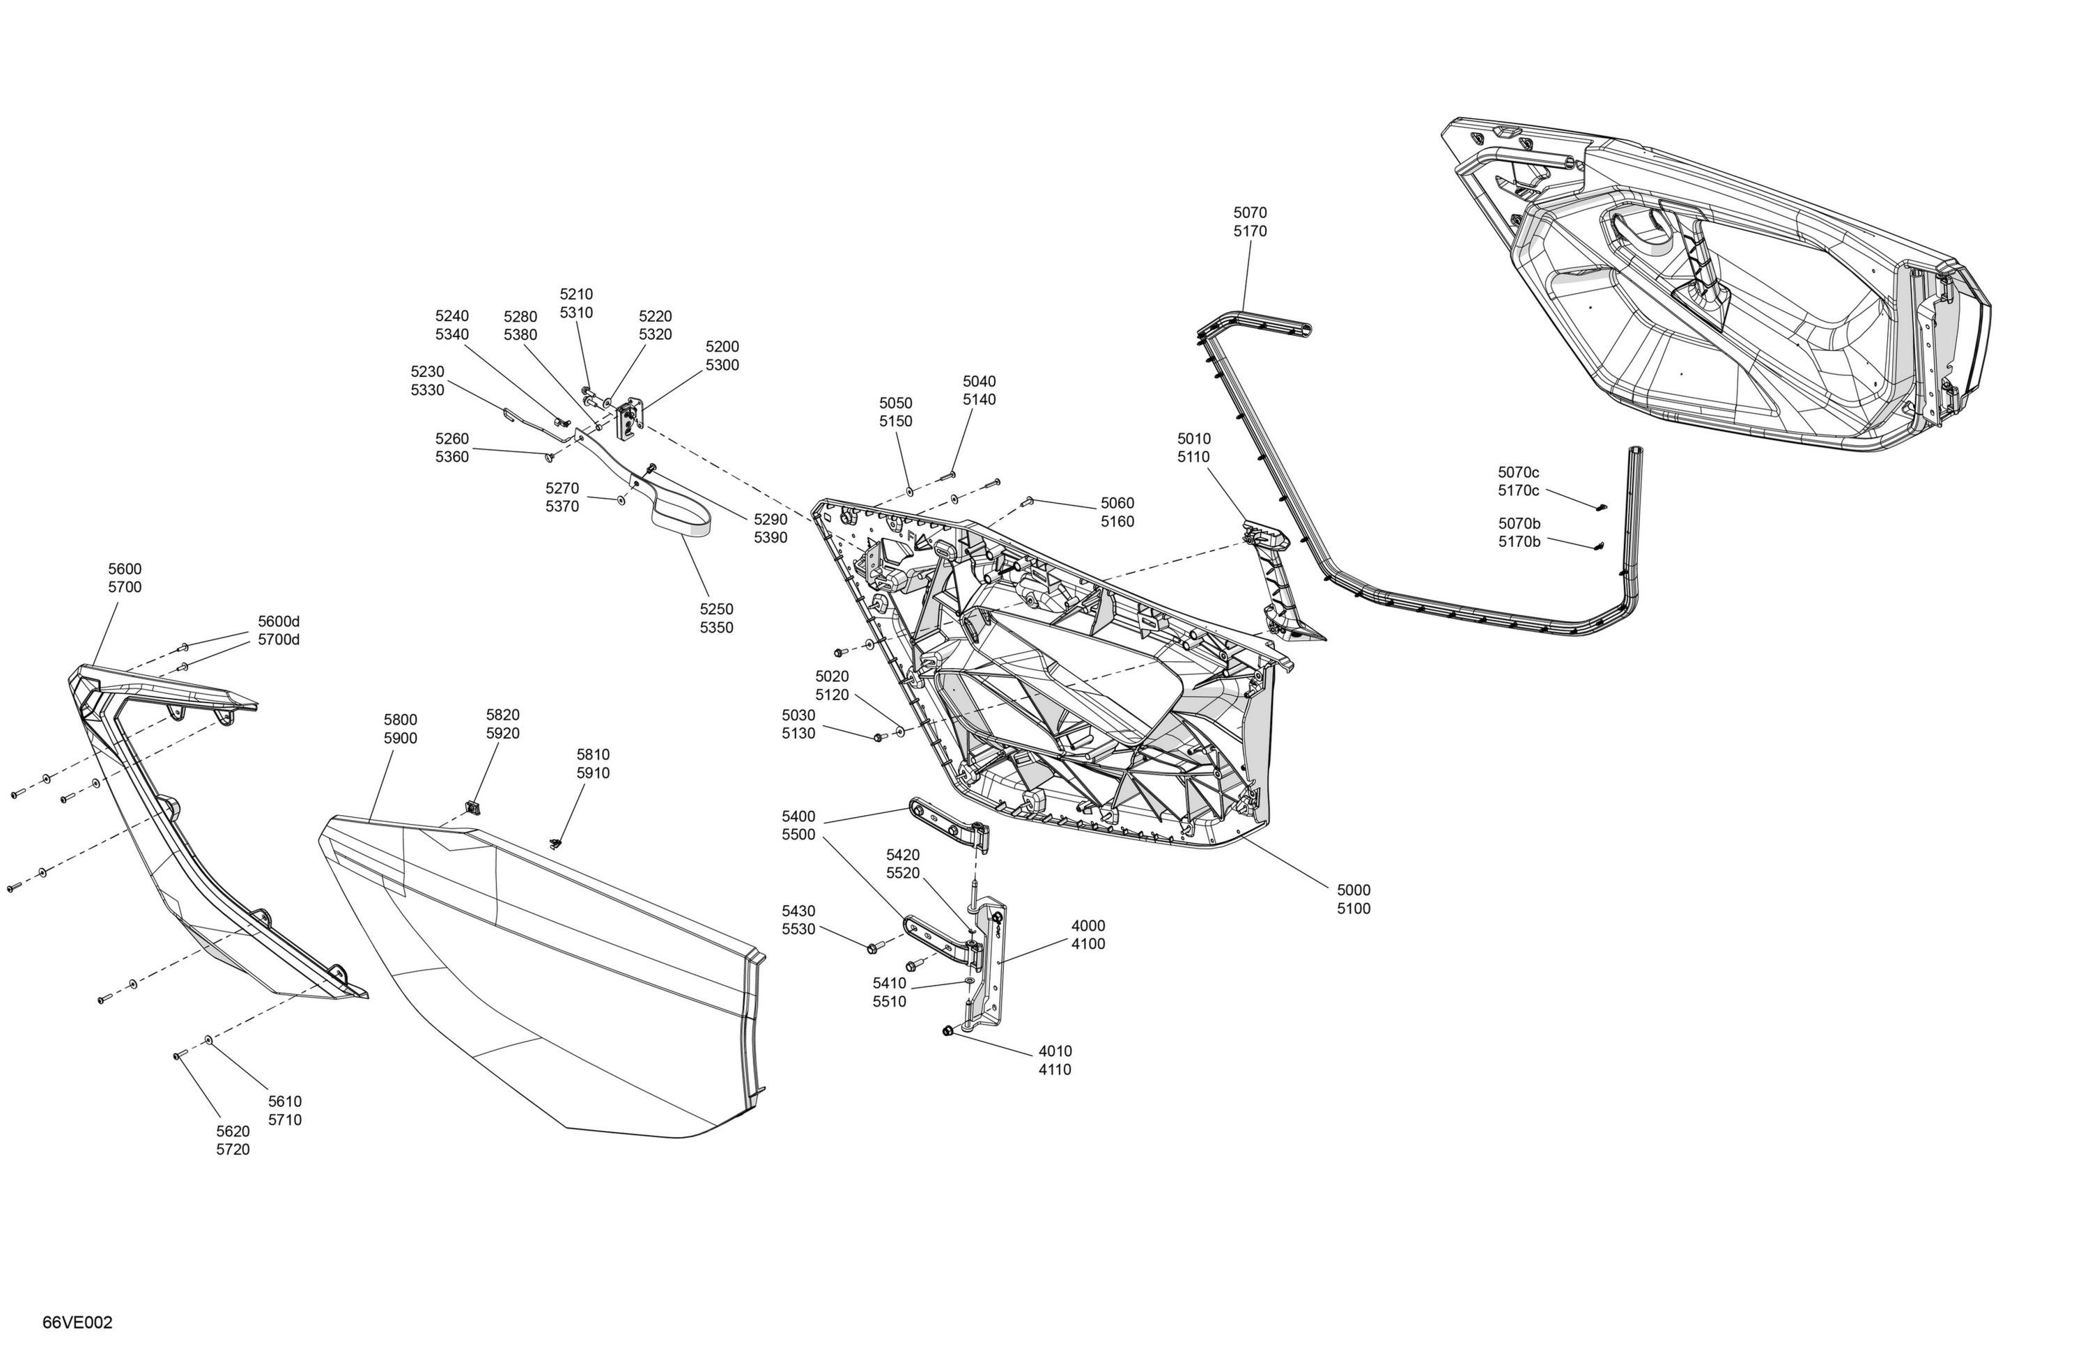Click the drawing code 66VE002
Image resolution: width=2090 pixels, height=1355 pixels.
[77, 1322]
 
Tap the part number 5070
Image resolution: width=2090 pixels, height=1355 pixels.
[1250, 212]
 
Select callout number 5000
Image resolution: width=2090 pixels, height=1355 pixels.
[1353, 890]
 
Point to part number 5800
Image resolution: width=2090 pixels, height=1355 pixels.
[400, 720]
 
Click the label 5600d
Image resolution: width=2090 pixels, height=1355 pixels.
[279, 621]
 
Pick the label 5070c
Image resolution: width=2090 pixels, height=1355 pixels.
[1518, 472]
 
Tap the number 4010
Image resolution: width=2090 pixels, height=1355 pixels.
[1055, 1051]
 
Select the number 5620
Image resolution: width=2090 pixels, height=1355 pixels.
[233, 1131]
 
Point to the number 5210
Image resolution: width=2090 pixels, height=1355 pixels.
[576, 294]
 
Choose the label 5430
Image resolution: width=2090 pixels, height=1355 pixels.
[798, 911]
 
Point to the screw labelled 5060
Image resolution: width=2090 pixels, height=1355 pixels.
[1027, 502]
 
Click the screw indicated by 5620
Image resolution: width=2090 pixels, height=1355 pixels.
[176, 1055]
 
